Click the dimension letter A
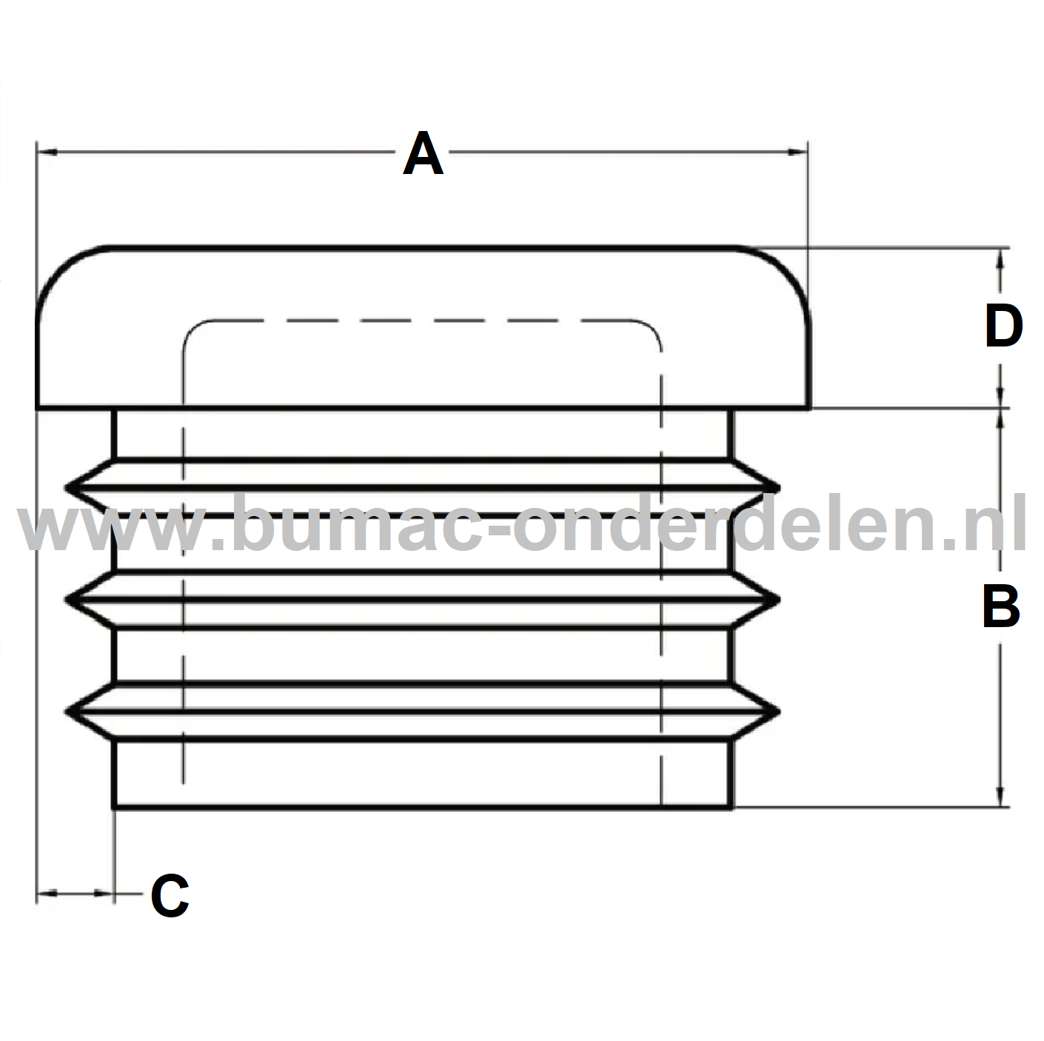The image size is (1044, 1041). coord(423,154)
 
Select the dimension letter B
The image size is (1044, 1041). coord(1000,606)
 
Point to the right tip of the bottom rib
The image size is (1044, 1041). coord(778,712)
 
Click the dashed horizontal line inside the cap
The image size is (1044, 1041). coord(422,321)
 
